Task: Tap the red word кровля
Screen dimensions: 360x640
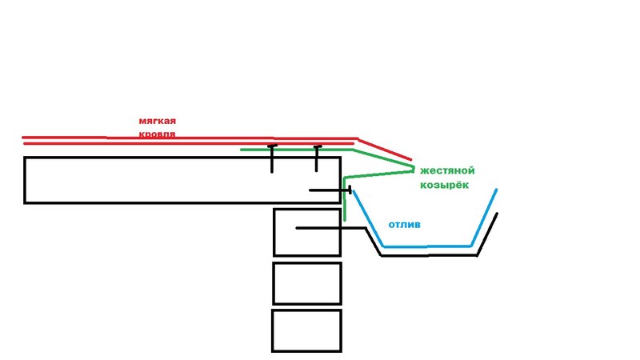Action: click(157, 134)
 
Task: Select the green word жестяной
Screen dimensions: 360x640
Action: click(447, 171)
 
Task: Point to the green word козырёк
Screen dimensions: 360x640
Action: click(444, 186)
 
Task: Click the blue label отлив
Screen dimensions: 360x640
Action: click(404, 225)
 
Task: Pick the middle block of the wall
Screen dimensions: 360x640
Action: click(307, 283)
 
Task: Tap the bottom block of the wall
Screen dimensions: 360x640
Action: click(307, 330)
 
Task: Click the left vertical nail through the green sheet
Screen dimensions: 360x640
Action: click(272, 158)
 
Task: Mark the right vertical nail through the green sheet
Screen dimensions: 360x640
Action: click(317, 158)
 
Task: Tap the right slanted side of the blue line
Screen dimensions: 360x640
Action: click(484, 217)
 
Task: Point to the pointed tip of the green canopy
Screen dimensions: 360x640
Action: click(414, 169)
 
